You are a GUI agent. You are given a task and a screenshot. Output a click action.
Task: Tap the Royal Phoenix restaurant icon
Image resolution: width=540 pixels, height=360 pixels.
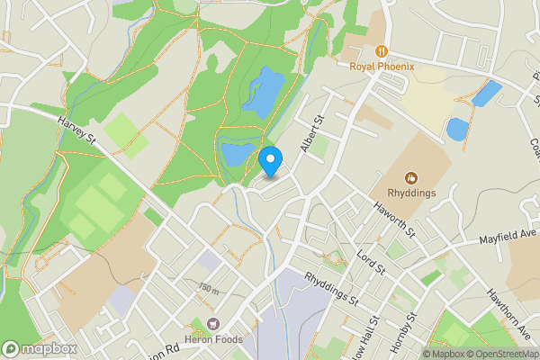(382, 51)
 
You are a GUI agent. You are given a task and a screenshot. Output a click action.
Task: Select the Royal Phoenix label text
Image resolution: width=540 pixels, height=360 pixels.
(382, 65)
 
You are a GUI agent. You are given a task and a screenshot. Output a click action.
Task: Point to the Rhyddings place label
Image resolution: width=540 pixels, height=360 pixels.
(412, 191)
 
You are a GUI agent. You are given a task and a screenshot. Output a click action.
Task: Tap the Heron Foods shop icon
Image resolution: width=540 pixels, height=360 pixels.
(212, 323)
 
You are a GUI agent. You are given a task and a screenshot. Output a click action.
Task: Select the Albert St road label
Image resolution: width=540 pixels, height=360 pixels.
(312, 134)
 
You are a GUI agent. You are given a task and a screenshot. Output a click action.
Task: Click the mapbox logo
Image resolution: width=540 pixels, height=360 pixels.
(40, 348)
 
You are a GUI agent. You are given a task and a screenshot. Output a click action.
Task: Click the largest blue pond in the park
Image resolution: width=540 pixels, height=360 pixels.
(263, 93)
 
